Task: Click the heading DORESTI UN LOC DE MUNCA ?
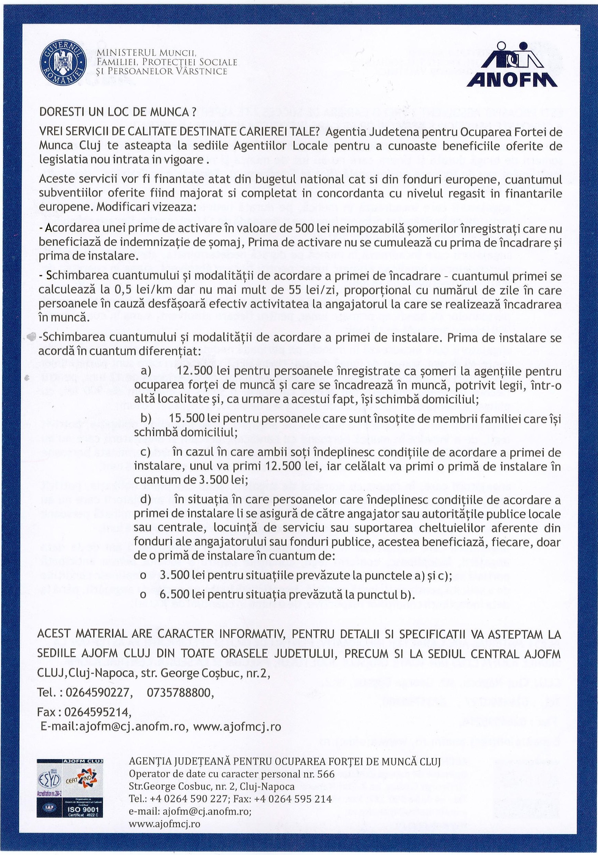point(117,113)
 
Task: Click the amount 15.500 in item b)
point(187,418)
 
